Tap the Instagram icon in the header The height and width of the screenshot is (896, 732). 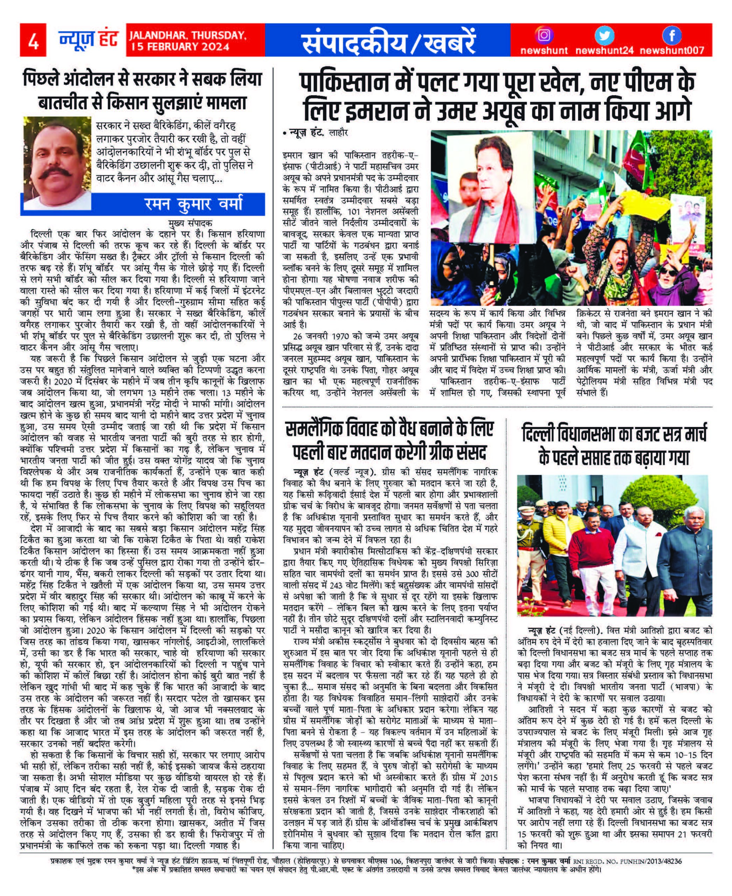544,35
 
